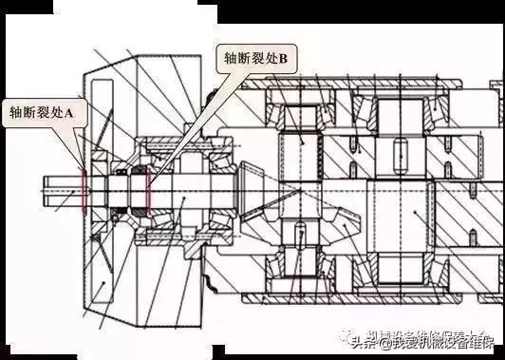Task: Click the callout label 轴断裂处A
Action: tap(44, 112)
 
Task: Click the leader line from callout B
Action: tap(190, 123)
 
